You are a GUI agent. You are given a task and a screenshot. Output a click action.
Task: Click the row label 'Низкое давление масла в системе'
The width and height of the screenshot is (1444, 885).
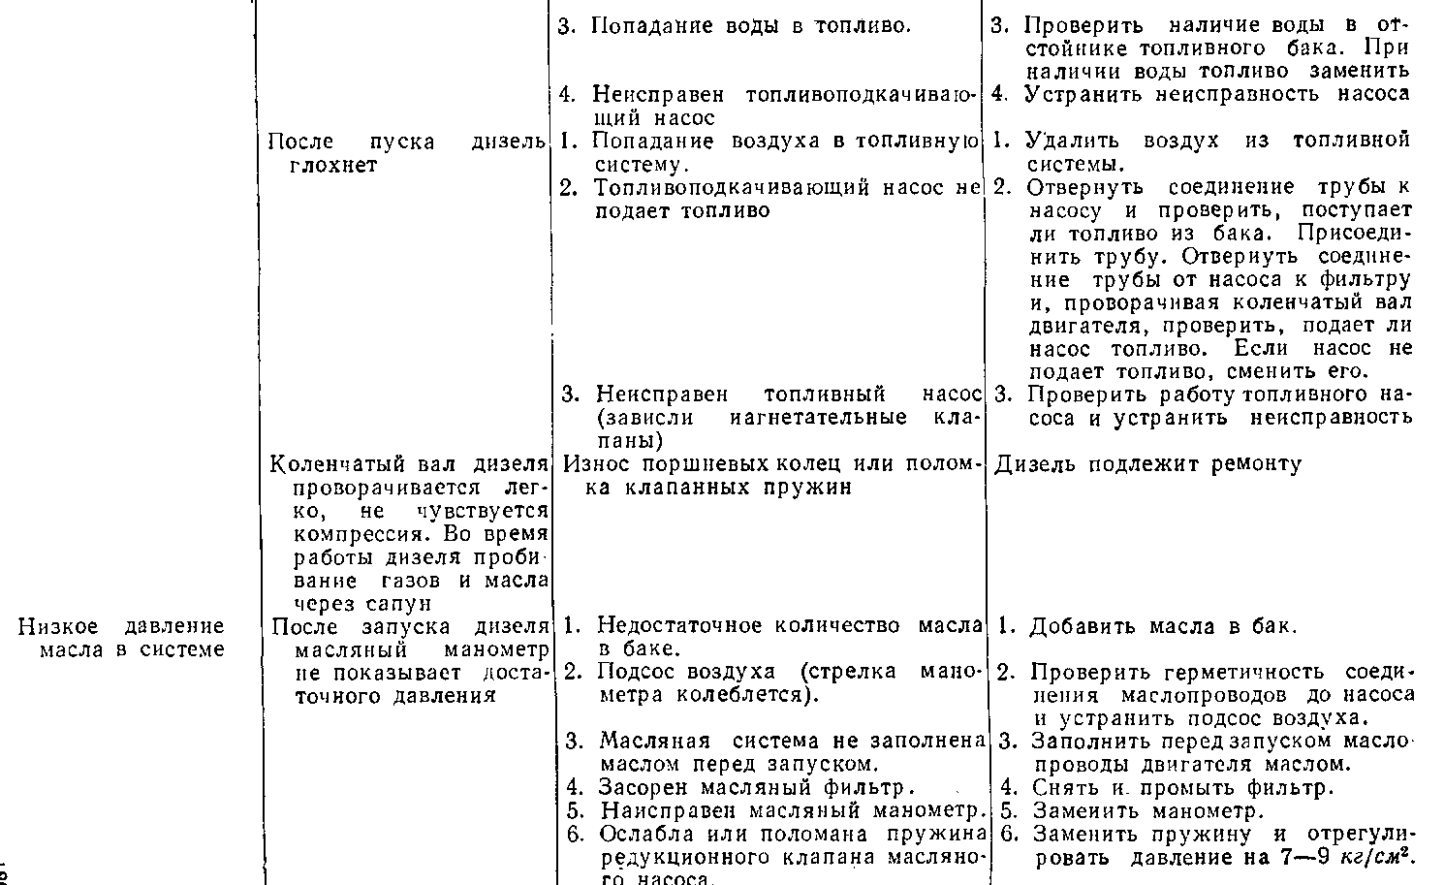coord(122,638)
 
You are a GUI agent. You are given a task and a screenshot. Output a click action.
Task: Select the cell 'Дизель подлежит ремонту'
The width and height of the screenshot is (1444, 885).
coord(1148,464)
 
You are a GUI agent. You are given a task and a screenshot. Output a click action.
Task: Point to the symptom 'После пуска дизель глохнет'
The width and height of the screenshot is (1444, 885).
coord(406,153)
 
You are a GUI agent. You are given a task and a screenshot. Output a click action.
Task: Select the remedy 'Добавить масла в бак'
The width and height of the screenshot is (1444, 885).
coord(1162,626)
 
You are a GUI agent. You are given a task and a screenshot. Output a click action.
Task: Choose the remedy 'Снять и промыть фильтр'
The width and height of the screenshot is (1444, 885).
coord(1182,788)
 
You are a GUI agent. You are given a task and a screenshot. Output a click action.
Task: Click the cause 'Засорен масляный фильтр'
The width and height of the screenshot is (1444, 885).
coord(756,788)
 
